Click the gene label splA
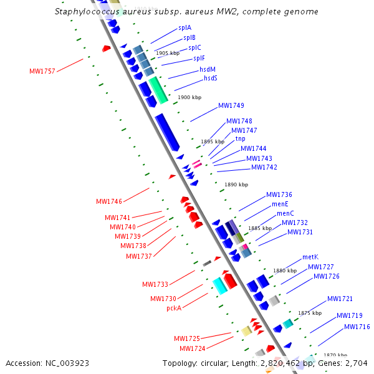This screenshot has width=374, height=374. pos(185,28)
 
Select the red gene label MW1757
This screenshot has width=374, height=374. pos(42,71)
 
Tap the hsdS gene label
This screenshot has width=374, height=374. pos(211,79)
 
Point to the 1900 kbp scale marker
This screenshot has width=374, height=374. pos(189,98)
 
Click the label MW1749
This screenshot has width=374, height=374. pos(231,105)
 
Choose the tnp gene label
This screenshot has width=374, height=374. pos(240,138)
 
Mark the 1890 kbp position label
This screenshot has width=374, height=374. pos(236,185)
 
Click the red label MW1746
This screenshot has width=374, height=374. pos(109,202)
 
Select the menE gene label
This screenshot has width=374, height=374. pos(280,204)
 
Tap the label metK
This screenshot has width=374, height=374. pos(310,257)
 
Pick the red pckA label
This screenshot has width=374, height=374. pos(174,308)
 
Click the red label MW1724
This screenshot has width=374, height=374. pos(193,348)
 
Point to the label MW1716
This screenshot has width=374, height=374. pos(357,327)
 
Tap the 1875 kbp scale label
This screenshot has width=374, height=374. pos(310,313)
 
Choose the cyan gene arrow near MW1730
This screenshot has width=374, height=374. pos(219,285)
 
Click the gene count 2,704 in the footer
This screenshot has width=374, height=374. pos(355,363)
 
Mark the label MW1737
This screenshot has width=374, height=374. pos(139,256)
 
